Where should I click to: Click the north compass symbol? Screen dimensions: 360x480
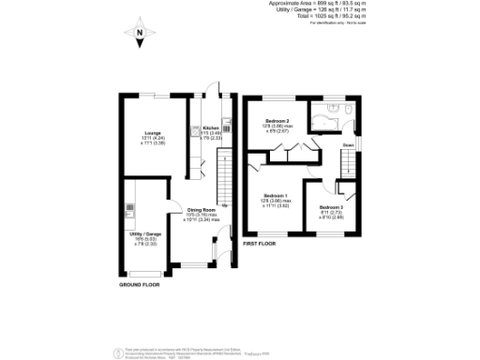[x=139, y=36]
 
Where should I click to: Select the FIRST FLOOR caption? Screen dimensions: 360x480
[x=261, y=244]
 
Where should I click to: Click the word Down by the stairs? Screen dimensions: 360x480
[x=347, y=146]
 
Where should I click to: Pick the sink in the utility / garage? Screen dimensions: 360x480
[x=129, y=208]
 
